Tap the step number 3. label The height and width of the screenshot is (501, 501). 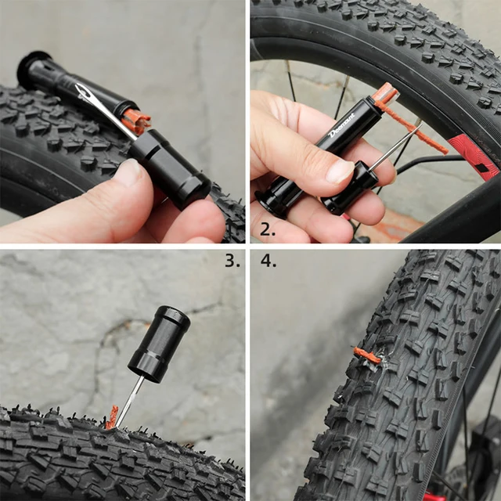pos(232,261)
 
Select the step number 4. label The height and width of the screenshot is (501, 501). pos(269,261)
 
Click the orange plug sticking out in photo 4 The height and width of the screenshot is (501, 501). pos(366,356)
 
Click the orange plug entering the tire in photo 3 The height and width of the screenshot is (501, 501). pos(112,418)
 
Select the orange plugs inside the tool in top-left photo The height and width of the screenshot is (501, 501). pos(138,120)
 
